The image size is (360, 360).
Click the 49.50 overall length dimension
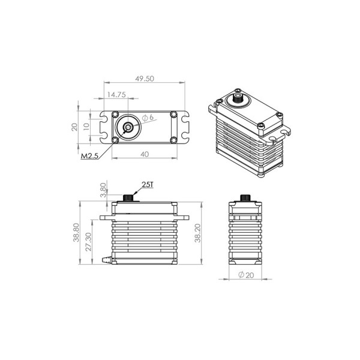145,79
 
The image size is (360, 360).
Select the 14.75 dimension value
116,95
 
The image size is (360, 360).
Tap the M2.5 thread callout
89,156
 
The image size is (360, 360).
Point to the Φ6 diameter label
148,118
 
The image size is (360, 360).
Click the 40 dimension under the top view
145,154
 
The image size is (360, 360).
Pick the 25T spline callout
148,185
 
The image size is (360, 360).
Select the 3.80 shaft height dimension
103,190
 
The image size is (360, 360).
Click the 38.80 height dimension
76,233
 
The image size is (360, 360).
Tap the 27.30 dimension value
88,242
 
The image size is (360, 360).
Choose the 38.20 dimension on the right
197,233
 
